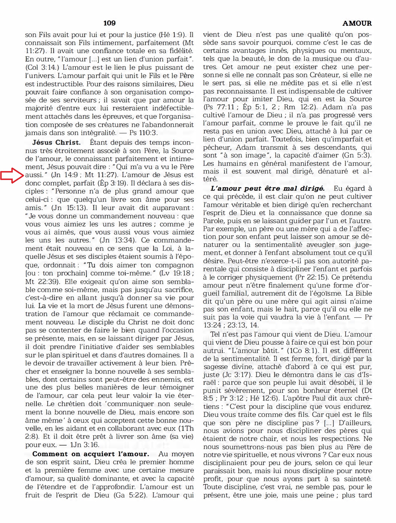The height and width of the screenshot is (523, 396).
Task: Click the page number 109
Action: point(109,23)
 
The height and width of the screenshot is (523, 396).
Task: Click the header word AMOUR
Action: point(357,24)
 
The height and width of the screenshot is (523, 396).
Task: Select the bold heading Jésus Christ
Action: point(56,143)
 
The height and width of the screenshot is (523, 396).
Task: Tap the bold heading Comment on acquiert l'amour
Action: point(91,454)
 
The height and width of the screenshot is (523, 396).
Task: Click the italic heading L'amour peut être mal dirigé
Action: point(267,189)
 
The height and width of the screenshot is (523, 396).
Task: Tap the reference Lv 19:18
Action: point(176,273)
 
